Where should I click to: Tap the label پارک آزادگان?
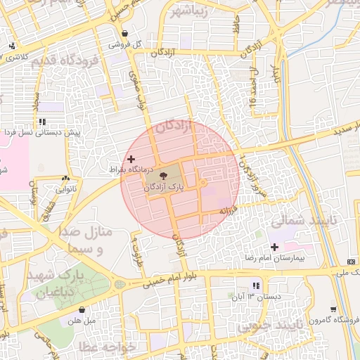pos(166,187)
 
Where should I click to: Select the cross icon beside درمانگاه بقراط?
pos(131,160)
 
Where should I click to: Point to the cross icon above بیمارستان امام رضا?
pos(274,247)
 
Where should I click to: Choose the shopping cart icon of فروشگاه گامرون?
pos(332,309)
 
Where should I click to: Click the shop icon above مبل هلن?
pos(83,309)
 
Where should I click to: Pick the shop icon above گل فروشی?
pos(124,33)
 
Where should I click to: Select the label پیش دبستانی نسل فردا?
pos(41,132)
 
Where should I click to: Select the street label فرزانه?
pos(232,210)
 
